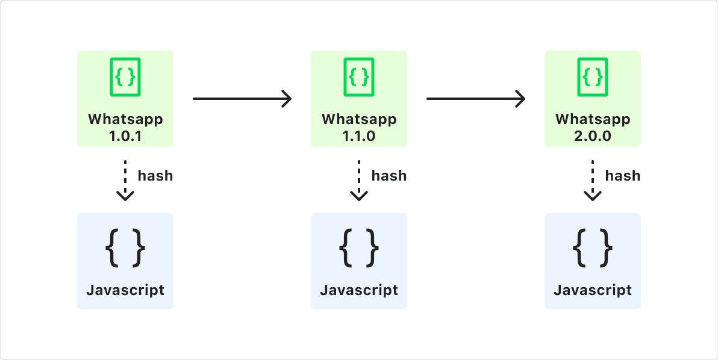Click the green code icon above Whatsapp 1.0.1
[x=125, y=77]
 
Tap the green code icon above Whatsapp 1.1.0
[x=359, y=77]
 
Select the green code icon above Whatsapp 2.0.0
[x=593, y=77]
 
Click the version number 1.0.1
[x=125, y=136]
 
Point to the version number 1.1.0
[x=359, y=136]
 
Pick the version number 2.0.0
[x=593, y=136]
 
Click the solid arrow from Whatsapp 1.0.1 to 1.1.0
[x=242, y=98]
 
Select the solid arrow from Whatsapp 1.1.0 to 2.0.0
[x=476, y=98]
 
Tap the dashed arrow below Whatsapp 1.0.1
[x=125, y=181]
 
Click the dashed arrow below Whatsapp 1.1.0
[x=359, y=181]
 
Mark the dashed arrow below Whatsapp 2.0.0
[x=593, y=181]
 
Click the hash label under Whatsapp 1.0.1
[x=155, y=175]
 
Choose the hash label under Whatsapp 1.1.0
[x=389, y=175]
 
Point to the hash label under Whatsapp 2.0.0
[x=623, y=175]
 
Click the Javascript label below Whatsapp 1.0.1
[x=125, y=290]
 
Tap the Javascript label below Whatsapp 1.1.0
[x=359, y=290]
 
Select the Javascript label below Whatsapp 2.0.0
[x=593, y=290]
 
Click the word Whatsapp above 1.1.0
[x=359, y=119]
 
